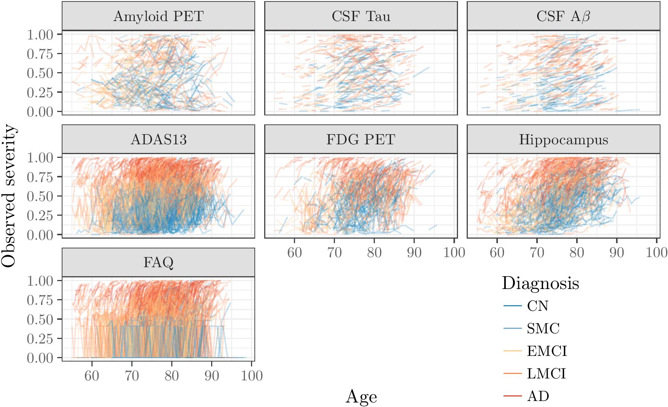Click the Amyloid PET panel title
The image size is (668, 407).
pyautogui.click(x=158, y=17)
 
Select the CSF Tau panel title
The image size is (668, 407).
pyautogui.click(x=361, y=17)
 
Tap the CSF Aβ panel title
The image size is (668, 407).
pyautogui.click(x=563, y=17)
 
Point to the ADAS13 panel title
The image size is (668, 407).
pyautogui.click(x=158, y=139)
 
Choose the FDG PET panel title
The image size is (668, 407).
pyautogui.click(x=361, y=139)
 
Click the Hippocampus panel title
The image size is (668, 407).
pyautogui.click(x=563, y=139)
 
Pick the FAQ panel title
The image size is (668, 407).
pyautogui.click(x=158, y=262)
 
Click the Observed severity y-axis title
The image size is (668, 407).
pyautogui.click(x=9, y=196)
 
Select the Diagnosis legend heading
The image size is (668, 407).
pyautogui.click(x=540, y=283)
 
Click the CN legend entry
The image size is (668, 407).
pyautogui.click(x=537, y=306)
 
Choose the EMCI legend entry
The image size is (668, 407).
pyautogui.click(x=547, y=351)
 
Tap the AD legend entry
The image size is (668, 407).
pyautogui.click(x=538, y=396)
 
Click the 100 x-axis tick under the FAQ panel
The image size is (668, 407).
pyautogui.click(x=252, y=375)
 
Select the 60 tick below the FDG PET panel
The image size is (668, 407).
pyautogui.click(x=294, y=253)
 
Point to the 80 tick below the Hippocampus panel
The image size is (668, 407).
pyautogui.click(x=577, y=253)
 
